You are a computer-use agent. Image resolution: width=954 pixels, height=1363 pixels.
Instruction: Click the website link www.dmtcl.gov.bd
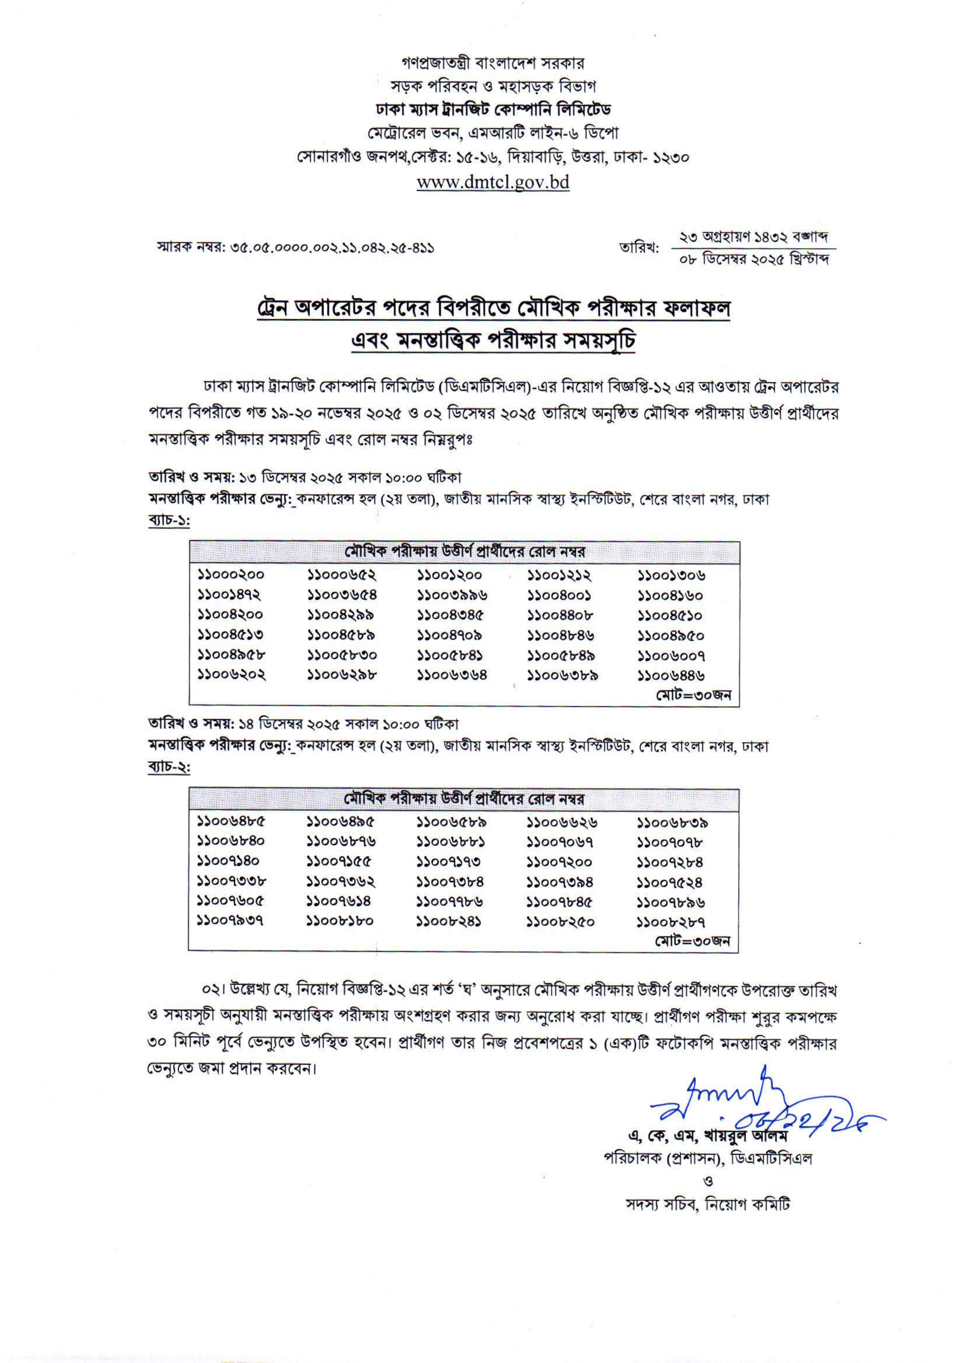coord(493,182)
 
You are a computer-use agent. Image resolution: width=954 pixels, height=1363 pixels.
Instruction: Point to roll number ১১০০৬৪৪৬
coord(671,675)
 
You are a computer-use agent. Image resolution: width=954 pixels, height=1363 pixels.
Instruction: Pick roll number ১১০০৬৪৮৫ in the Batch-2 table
coord(231,823)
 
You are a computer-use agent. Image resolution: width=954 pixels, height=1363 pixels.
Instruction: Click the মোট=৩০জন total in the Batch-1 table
coord(693,695)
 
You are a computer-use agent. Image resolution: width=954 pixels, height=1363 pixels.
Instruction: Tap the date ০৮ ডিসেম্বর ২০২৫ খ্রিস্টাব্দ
coord(753,259)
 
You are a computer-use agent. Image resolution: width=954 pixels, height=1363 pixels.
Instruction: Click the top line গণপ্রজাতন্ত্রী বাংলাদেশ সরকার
coord(493,62)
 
